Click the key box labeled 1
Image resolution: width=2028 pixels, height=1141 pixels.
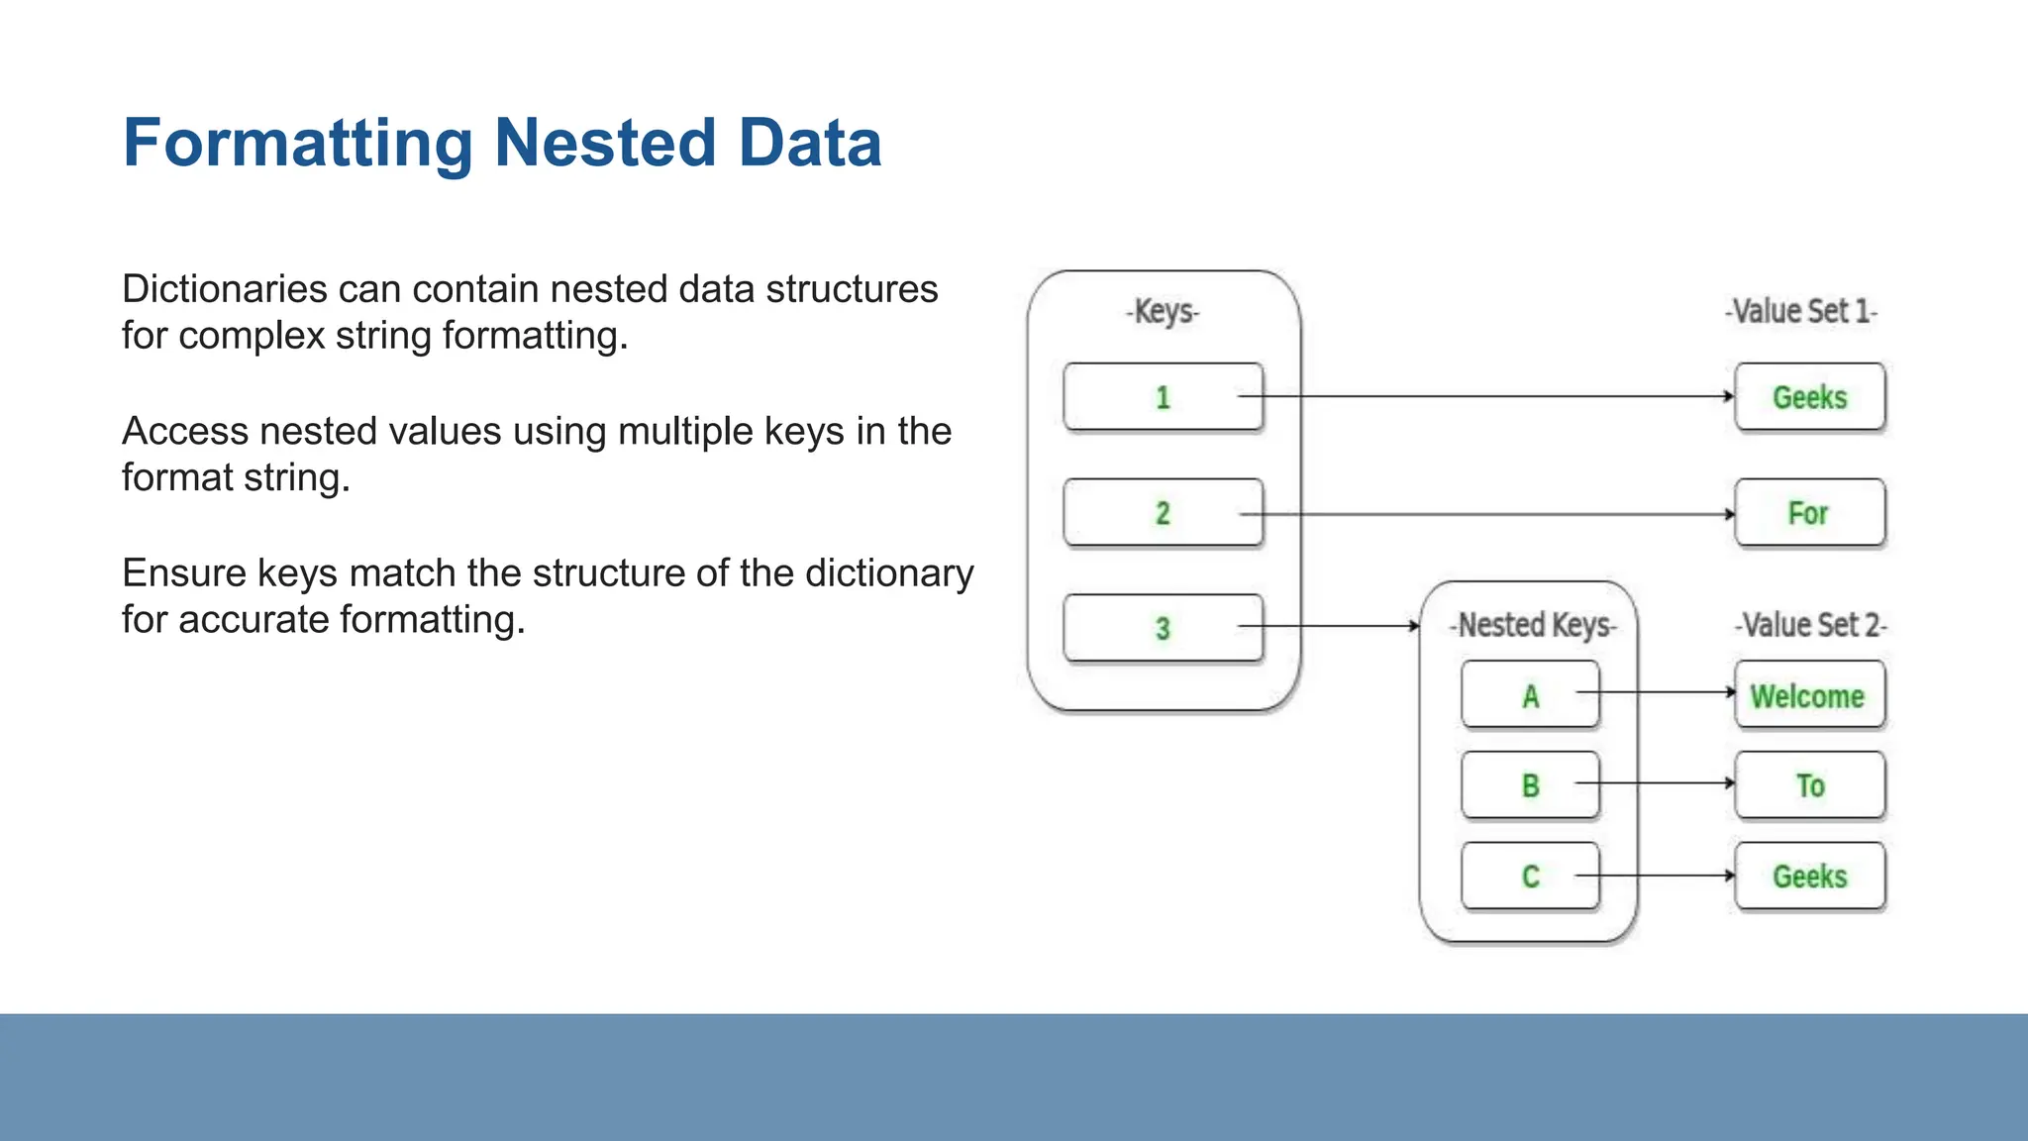pos(1163,397)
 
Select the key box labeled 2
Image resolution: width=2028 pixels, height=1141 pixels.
pos(1163,513)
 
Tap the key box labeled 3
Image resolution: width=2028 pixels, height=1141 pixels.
pos(1163,628)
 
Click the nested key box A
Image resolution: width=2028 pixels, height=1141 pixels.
pos(1530,695)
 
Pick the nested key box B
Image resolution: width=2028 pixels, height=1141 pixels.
pos(1530,785)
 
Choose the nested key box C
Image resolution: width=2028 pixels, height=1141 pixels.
pos(1530,877)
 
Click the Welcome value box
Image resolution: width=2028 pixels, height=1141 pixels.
pos(1809,695)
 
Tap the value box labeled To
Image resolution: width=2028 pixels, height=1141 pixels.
pos(1809,785)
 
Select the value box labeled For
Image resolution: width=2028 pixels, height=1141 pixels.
pos(1809,513)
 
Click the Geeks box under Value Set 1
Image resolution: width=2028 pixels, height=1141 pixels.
pos(1809,397)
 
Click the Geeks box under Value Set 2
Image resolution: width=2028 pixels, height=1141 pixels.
pos(1809,877)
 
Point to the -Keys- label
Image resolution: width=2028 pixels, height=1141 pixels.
pos(1163,311)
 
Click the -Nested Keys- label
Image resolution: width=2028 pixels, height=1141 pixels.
pos(1533,625)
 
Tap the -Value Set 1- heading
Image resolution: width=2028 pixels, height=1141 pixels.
pos(1801,311)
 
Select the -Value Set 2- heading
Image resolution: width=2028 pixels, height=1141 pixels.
pos(1810,625)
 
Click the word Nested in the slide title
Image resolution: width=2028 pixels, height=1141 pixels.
pos(604,143)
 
